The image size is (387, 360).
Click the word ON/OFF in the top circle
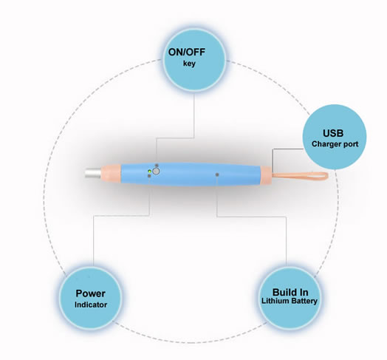click(187, 52)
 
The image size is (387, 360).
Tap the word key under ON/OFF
click(189, 64)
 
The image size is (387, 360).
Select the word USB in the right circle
click(333, 133)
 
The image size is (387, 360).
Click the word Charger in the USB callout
click(324, 144)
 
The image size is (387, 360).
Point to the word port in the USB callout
click(349, 145)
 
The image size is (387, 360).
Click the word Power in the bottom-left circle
click(91, 293)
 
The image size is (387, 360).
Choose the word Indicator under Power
click(91, 305)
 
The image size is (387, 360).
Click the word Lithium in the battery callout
click(275, 301)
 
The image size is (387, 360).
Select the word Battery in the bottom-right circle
click(304, 301)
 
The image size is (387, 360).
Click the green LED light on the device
click(149, 171)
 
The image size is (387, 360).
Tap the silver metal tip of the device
click(93, 173)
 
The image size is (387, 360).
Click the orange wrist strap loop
click(300, 176)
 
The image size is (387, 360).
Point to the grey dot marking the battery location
click(217, 174)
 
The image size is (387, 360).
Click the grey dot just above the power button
click(157, 166)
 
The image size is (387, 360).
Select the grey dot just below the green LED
click(149, 176)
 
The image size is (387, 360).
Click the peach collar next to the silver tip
click(111, 174)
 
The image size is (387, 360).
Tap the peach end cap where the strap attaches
click(266, 175)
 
